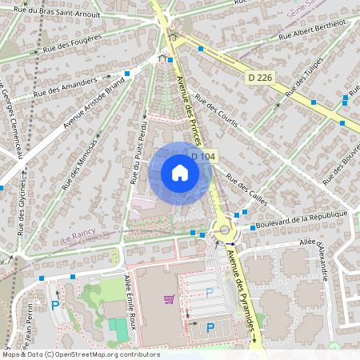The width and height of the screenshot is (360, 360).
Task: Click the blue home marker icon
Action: pos(179,173)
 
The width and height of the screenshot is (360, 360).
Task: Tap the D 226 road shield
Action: pos(260,78)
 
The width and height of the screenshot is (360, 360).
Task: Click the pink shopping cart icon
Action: pos(169,299)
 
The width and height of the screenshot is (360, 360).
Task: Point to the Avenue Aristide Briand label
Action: pos(94,103)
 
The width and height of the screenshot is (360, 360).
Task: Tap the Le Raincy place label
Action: pos(79,238)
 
